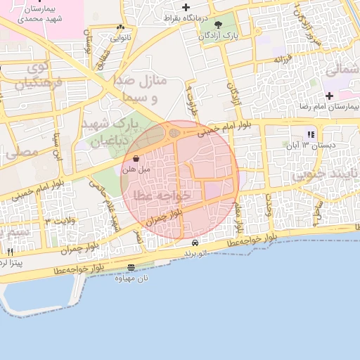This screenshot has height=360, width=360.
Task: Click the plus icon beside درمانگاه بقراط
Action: click(x=186, y=7)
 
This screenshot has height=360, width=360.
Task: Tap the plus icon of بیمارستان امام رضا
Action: click(x=328, y=95)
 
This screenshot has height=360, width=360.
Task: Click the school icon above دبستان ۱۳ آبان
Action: click(x=310, y=134)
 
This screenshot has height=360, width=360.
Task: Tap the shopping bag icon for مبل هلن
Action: click(x=135, y=159)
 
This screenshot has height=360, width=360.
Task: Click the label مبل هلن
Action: click(x=134, y=169)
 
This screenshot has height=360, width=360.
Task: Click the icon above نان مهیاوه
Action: click(x=131, y=268)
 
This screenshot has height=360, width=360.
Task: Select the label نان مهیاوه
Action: click(x=131, y=278)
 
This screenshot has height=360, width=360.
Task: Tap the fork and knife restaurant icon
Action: click(x=10, y=251)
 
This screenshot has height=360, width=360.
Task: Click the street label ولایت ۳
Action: click(x=58, y=222)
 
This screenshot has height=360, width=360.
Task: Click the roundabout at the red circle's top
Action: click(x=174, y=131)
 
